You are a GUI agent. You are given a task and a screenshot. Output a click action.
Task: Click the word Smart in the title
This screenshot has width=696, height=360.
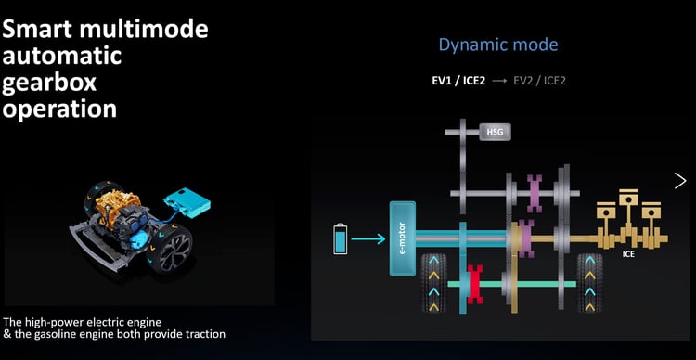42,29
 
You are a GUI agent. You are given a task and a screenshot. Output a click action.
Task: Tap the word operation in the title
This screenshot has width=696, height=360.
60,109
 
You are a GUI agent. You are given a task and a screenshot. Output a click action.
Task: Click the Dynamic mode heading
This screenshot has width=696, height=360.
497,45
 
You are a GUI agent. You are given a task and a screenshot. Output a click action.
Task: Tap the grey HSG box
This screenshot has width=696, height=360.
495,132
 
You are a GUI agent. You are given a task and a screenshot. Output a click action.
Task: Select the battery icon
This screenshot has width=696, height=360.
340,238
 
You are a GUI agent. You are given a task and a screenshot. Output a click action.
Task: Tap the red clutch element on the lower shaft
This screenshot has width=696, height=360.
476,281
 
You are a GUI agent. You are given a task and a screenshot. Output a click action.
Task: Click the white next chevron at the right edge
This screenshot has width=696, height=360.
680,180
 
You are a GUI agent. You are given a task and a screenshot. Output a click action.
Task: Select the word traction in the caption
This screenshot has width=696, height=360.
201,334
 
